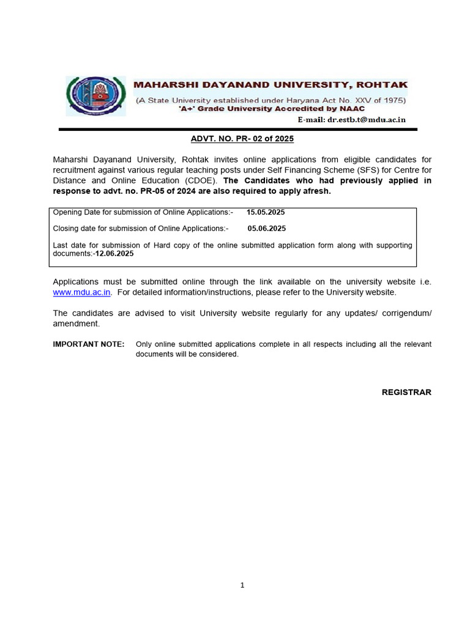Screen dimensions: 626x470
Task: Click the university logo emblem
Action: click(95, 95)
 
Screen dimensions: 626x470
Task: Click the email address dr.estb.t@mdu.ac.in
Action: click(366, 120)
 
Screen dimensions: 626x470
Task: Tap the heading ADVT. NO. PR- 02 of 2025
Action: click(242, 139)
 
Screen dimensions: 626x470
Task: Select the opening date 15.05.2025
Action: click(266, 212)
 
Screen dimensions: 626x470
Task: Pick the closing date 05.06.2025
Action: click(266, 228)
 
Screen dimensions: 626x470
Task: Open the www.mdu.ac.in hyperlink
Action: click(81, 292)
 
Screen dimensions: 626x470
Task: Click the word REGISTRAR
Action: click(406, 392)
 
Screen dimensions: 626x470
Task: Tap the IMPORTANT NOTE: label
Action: click(89, 344)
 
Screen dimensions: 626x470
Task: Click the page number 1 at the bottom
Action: click(242, 585)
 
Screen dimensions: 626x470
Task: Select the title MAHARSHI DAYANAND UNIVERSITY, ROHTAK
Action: click(270, 85)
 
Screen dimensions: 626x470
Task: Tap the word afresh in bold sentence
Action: click(316, 191)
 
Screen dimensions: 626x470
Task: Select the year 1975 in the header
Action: click(391, 100)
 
